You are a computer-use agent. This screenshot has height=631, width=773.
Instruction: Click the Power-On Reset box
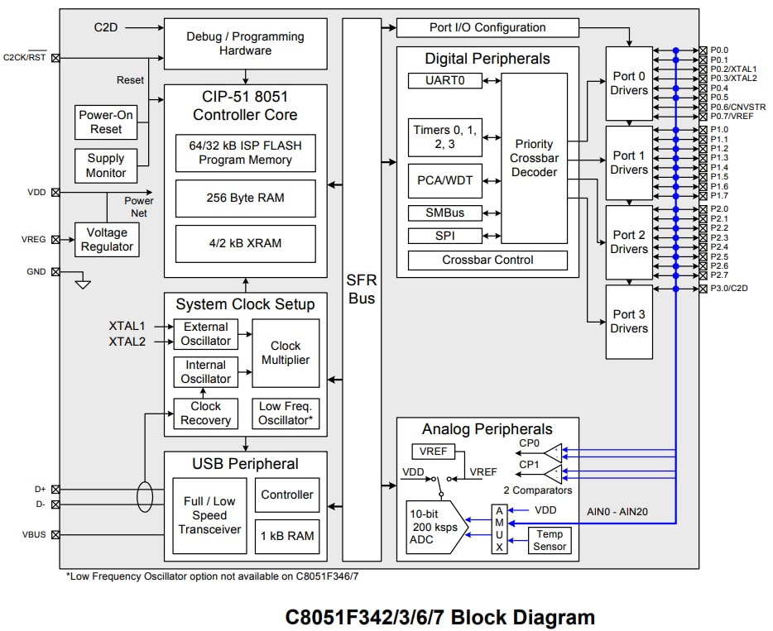pos(106,122)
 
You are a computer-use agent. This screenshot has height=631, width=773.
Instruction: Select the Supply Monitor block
pos(106,165)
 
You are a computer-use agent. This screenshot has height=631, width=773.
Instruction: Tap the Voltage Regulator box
pos(107,240)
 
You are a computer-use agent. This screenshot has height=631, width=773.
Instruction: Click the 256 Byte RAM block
pos(245,198)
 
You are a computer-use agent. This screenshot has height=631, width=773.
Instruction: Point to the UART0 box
pos(444,80)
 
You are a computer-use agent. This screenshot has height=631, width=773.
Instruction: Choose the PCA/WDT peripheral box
pos(444,180)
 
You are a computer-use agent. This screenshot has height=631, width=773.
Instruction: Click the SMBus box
pos(444,213)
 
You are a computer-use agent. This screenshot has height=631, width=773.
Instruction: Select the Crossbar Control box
pos(487,260)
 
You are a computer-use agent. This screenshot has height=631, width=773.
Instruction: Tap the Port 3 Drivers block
pos(629,322)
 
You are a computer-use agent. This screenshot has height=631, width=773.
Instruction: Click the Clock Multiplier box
pos(286,353)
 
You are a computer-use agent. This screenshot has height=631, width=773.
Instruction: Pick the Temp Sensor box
pos(550,540)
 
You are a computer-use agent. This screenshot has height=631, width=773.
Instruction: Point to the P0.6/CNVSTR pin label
pos(737,107)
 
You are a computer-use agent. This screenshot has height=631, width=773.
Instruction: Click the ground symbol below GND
pos(82,284)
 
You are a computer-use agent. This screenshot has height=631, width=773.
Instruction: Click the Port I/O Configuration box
pos(487,27)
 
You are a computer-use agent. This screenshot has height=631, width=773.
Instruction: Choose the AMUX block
pos(499,529)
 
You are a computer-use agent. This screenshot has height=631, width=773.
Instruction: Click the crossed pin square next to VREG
pos(55,240)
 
